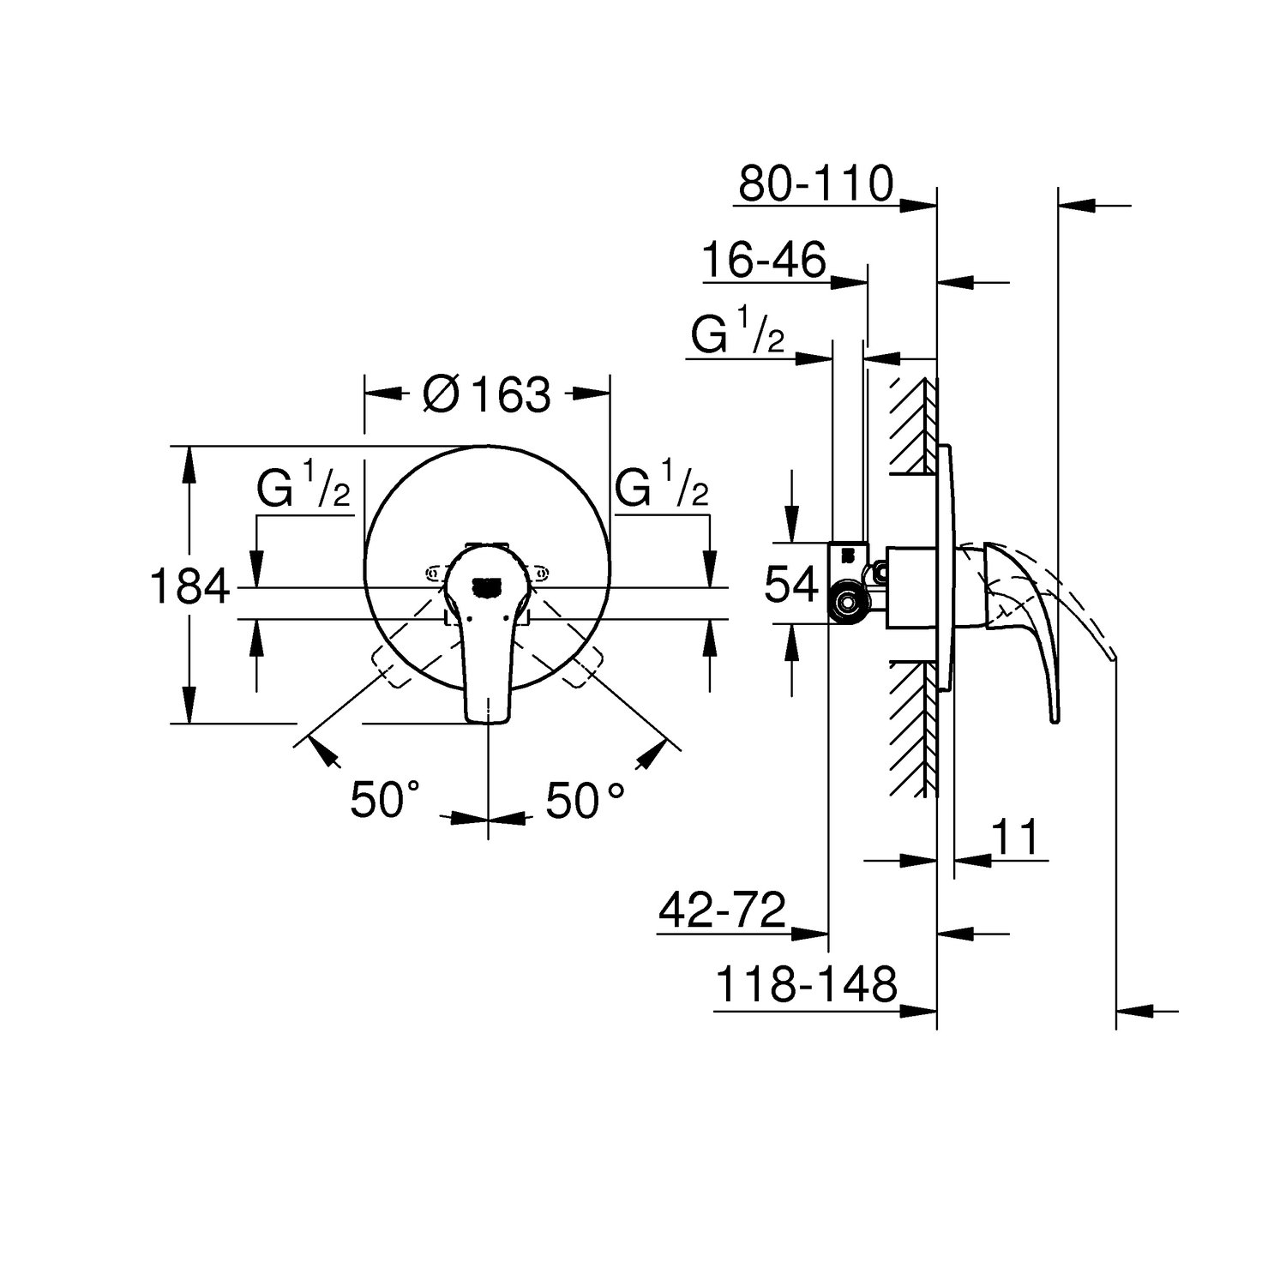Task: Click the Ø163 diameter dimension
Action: [x=487, y=394]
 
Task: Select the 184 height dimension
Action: [x=190, y=587]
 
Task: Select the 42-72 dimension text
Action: [x=722, y=910]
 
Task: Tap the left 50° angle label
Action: [x=384, y=801]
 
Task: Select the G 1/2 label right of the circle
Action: [x=662, y=492]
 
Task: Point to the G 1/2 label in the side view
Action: [x=737, y=336]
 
